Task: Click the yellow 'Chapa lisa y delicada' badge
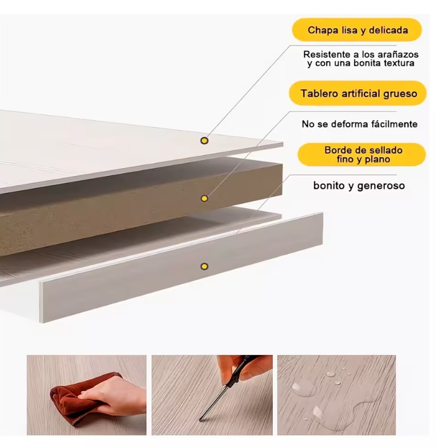pos(357,30)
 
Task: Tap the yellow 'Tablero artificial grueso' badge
pos(358,94)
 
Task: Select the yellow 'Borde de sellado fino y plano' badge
pos(362,154)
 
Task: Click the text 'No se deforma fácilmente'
pos(360,124)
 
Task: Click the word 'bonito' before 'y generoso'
pos(329,185)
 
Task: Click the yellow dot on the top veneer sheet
pos(204,141)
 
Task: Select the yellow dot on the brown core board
pos(204,199)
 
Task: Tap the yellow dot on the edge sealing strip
pos(204,267)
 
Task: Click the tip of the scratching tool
pos(200,419)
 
